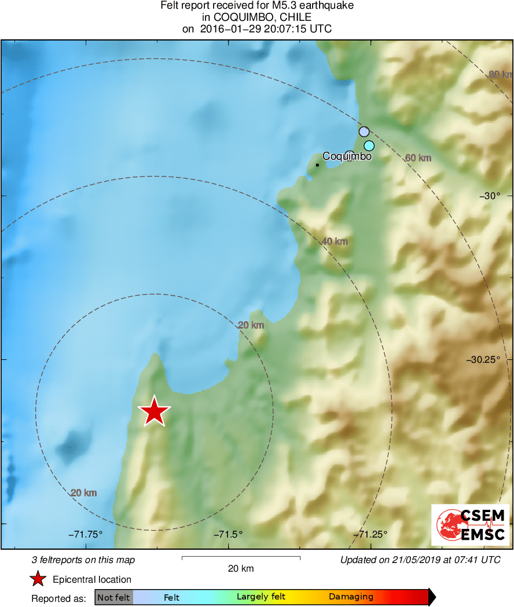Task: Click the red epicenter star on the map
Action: point(154,411)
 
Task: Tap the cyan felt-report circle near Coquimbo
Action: point(369,145)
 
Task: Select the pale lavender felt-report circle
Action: point(364,131)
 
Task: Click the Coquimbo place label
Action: point(347,156)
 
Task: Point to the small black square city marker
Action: point(317,165)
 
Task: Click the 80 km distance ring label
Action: point(500,75)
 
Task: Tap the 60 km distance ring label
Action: point(418,157)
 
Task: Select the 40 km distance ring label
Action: point(335,241)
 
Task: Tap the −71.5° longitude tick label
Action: point(229,534)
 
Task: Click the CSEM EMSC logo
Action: point(470,525)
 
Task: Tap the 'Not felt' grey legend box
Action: point(113,597)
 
